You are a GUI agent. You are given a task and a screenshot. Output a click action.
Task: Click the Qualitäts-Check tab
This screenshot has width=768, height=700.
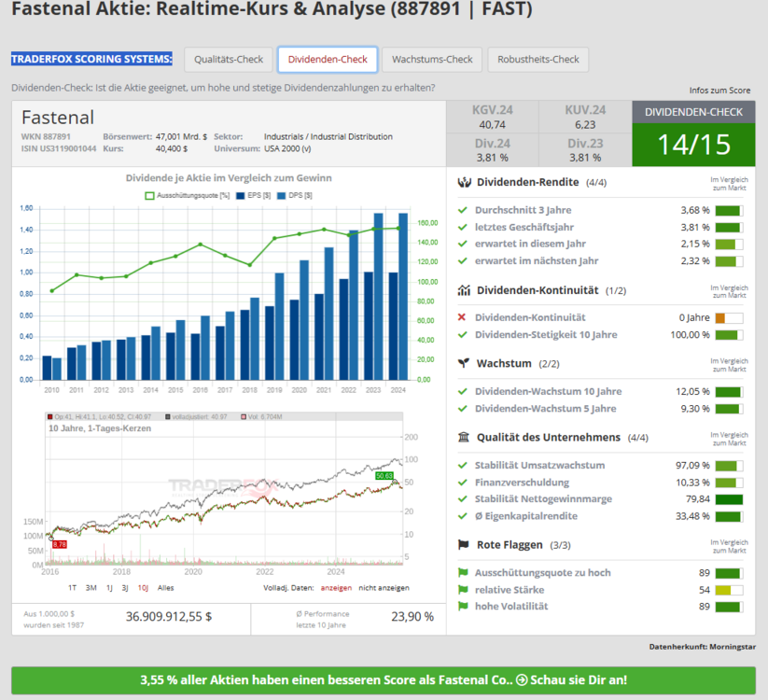[x=229, y=60]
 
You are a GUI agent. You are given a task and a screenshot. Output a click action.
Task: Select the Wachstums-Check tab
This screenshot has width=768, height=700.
[x=432, y=60]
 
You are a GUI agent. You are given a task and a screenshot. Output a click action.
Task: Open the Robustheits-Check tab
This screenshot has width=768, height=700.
[x=538, y=60]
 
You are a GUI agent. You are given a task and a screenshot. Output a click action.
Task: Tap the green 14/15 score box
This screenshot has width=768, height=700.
[x=693, y=145]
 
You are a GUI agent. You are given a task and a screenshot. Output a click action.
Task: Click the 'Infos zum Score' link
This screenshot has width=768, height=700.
[x=719, y=91]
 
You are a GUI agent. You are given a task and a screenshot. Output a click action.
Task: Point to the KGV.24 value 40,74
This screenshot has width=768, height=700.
[x=492, y=124]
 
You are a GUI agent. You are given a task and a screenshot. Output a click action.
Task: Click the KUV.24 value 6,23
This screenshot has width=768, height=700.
[x=585, y=124]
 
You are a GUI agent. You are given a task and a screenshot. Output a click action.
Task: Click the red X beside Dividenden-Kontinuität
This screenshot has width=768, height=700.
[x=462, y=318]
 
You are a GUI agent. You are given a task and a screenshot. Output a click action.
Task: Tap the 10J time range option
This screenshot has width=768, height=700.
[x=143, y=588]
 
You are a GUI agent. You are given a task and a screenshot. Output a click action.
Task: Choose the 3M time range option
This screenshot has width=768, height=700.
[x=91, y=588]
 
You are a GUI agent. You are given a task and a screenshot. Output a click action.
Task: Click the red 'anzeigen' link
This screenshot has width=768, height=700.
[x=336, y=588]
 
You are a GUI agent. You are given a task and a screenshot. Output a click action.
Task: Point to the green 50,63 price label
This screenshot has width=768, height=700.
[x=384, y=476]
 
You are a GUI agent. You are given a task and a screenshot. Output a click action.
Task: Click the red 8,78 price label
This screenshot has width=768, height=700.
[x=60, y=543]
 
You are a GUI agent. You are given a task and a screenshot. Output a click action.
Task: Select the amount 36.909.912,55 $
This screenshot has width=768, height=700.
[x=169, y=616]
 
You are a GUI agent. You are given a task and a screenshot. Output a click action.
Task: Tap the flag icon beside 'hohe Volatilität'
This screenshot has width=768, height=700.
[x=462, y=607]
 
